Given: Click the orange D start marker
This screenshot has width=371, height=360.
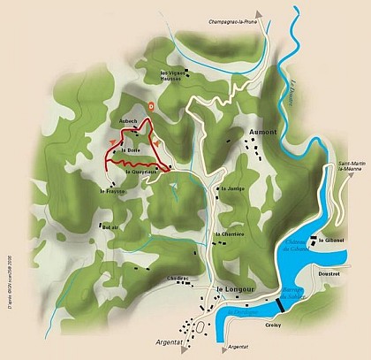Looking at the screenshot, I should click(152, 105).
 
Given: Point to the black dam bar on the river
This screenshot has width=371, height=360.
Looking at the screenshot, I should click(279, 304).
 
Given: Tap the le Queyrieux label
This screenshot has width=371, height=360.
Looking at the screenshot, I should click(140, 172).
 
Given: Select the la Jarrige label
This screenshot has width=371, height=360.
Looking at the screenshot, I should click(231, 189).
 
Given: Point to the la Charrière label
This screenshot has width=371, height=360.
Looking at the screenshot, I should click(231, 234).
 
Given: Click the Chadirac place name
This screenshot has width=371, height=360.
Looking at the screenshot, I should click(179, 278).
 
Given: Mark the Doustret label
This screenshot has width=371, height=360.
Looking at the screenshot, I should click(329, 274).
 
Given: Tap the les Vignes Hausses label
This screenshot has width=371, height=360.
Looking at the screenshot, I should click(170, 75).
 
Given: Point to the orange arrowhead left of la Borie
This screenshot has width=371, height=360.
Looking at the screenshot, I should click(111, 142).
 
